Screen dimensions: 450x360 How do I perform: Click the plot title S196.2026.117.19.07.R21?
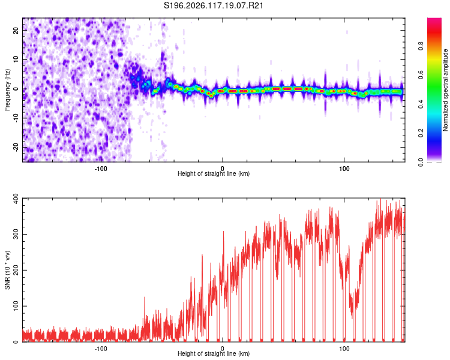click(x=213, y=5)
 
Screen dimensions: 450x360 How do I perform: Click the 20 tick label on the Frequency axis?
click(x=16, y=31)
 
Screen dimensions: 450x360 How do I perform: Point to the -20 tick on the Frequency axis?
click(x=16, y=147)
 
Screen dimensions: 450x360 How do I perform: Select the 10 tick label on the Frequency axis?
click(x=16, y=59)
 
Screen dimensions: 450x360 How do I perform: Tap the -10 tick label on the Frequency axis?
click(x=16, y=118)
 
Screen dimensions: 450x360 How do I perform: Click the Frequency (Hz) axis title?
click(x=7, y=89)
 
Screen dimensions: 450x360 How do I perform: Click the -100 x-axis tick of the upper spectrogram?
click(x=101, y=169)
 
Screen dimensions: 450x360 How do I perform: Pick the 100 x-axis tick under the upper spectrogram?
click(x=344, y=169)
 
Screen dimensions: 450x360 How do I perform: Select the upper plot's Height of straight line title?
click(x=214, y=173)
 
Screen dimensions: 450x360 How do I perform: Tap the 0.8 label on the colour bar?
click(x=421, y=46)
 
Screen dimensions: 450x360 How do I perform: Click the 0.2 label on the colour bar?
click(x=421, y=133)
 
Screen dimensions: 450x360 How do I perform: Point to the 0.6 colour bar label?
click(x=421, y=74)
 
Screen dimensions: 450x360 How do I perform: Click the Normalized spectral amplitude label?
click(x=445, y=89)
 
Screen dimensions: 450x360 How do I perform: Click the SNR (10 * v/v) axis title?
click(x=7, y=270)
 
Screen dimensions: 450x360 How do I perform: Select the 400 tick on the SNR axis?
click(x=16, y=199)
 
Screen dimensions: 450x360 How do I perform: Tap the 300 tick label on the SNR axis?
click(x=16, y=234)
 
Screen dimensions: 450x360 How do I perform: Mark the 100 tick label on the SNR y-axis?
click(x=16, y=306)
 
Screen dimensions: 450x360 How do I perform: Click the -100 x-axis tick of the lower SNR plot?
click(x=101, y=349)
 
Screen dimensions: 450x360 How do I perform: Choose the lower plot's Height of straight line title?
click(x=214, y=353)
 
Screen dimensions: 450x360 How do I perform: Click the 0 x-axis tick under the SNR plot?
click(x=223, y=349)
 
